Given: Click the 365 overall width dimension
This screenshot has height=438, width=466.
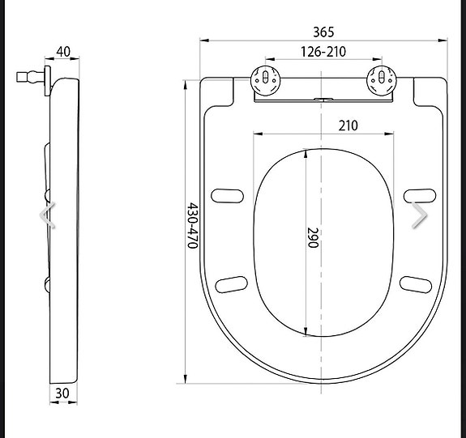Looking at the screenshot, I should click(x=323, y=32).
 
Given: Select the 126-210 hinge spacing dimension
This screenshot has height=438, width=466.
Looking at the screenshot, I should click(x=323, y=52).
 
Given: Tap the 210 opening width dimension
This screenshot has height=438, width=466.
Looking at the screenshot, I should click(x=348, y=125).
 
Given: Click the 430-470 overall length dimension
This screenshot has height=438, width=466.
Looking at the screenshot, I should click(x=193, y=226).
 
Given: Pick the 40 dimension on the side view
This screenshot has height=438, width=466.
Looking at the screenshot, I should click(x=63, y=52).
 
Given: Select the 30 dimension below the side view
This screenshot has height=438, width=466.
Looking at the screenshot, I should click(x=62, y=393).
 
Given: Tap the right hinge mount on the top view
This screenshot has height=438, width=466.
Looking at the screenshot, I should click(x=381, y=79).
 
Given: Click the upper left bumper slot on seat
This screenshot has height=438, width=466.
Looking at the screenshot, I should click(x=228, y=195).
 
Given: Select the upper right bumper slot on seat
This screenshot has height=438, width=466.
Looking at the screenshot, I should click(x=417, y=195).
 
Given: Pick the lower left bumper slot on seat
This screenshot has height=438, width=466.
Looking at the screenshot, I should click(x=232, y=283).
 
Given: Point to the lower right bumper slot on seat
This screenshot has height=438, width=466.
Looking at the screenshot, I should click(x=415, y=283).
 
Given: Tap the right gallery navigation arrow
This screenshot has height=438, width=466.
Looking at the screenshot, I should click(x=419, y=216).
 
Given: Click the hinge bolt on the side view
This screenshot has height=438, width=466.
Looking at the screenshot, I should click(x=31, y=79).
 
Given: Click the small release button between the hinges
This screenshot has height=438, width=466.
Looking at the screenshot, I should click(x=323, y=100).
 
